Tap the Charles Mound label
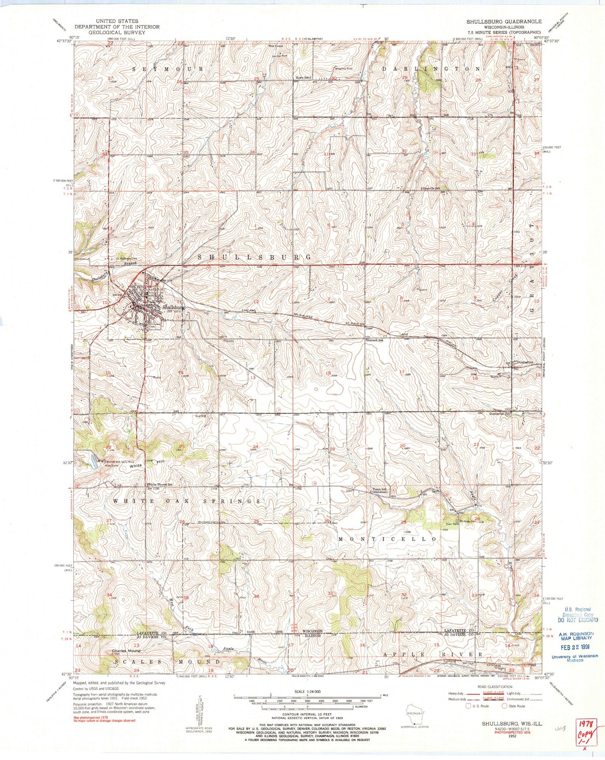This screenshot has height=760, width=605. pyautogui.click(x=126, y=651)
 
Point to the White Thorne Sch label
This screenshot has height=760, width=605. pyautogui.click(x=160, y=484)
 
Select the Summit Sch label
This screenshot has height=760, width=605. pyautogui.click(x=375, y=340)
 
